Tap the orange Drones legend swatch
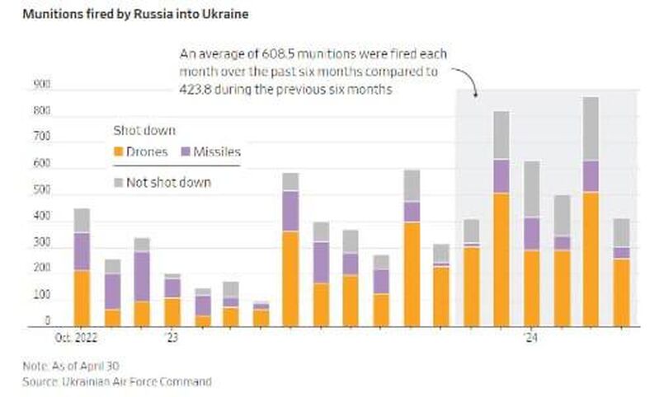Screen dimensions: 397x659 tap(120, 152)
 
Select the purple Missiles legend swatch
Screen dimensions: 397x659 tap(186, 152)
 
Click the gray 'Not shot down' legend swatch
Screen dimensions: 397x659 tap(120, 182)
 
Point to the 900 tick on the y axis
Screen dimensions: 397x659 tap(41, 84)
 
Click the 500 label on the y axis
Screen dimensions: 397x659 tap(41, 191)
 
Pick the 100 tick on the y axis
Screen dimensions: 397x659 tap(41, 295)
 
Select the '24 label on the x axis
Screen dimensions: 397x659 tap(531, 338)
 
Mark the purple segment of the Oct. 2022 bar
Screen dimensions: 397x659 tap(82, 251)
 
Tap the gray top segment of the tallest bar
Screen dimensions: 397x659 tap(591, 128)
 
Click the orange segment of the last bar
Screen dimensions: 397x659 tap(620, 292)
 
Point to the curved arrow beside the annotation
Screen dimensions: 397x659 tap(468, 82)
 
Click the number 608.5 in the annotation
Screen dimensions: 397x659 tap(266, 54)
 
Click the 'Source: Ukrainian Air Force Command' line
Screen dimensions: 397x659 tap(116, 381)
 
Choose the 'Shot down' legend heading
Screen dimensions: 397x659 tap(144, 130)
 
